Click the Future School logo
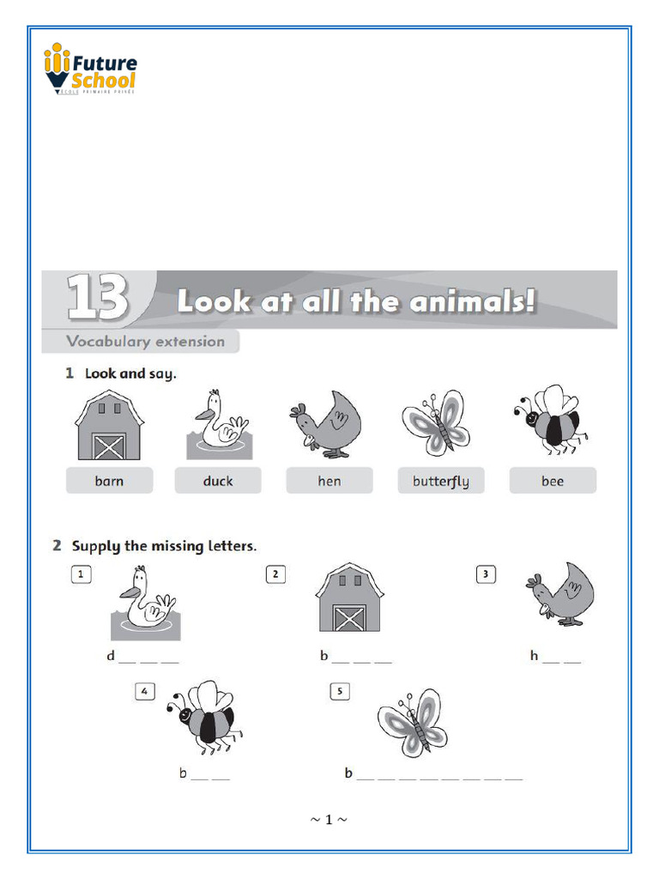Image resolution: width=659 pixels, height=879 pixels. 90,70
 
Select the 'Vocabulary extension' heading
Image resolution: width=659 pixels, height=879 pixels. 145,342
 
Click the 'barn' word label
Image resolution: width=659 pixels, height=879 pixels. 109,482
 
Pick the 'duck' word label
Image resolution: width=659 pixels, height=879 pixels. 218,482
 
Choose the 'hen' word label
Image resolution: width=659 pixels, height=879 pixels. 329,482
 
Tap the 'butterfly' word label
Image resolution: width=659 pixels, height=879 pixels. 440,482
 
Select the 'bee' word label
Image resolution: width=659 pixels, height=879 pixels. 553,482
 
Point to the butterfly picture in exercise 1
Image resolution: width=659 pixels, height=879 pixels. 436,422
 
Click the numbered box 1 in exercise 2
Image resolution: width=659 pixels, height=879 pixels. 81,575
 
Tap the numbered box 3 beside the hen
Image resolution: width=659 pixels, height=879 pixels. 486,575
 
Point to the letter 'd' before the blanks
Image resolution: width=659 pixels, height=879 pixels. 111,657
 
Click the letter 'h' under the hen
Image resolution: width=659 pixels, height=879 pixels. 534,657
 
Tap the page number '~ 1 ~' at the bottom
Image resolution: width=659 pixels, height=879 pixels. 329,820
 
